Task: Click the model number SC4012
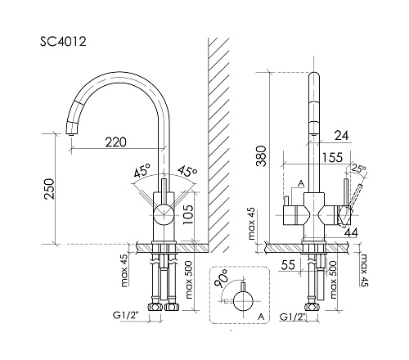(x=63, y=42)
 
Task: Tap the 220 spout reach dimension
(x=116, y=142)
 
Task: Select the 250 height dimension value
(x=49, y=189)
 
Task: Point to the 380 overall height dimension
(x=261, y=156)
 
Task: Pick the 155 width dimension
(x=332, y=157)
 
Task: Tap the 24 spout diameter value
(x=342, y=135)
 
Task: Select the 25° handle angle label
(x=358, y=169)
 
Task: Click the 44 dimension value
(x=351, y=232)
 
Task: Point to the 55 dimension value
(x=288, y=264)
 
